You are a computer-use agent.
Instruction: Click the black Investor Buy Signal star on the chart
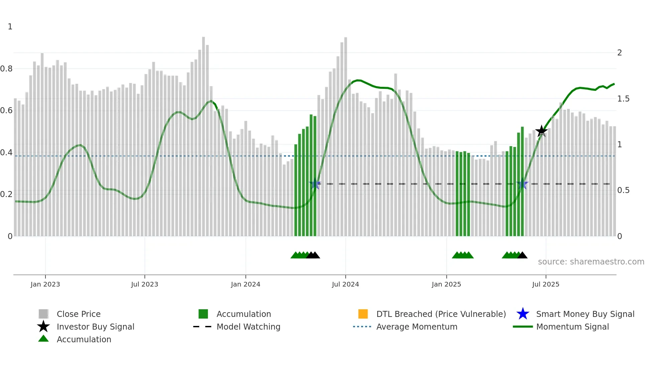[x=541, y=131]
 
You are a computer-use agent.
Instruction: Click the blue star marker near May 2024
[x=315, y=184]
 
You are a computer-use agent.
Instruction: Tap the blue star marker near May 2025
[x=522, y=184]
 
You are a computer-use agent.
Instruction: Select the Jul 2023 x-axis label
[x=144, y=284]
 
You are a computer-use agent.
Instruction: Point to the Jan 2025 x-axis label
[x=446, y=284]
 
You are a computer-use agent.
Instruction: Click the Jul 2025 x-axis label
[x=545, y=284]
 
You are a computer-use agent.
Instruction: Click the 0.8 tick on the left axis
[x=6, y=69]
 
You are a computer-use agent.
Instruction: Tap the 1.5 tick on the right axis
[x=623, y=99]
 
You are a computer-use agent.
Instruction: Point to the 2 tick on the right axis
[x=619, y=53]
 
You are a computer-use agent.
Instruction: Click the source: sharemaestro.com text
[x=591, y=262]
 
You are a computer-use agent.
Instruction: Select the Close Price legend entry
[x=78, y=314]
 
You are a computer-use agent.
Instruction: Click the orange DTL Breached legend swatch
[x=363, y=314]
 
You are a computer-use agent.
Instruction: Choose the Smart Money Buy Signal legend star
[x=523, y=314]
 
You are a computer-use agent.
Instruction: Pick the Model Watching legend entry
[x=248, y=327]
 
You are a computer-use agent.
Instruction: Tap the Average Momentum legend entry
[x=416, y=327]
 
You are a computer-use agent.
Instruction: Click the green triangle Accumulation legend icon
[x=43, y=339]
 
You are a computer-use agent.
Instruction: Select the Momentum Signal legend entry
[x=572, y=327]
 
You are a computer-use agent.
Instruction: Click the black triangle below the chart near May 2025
[x=522, y=255]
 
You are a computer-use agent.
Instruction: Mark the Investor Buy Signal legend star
[x=43, y=327]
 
